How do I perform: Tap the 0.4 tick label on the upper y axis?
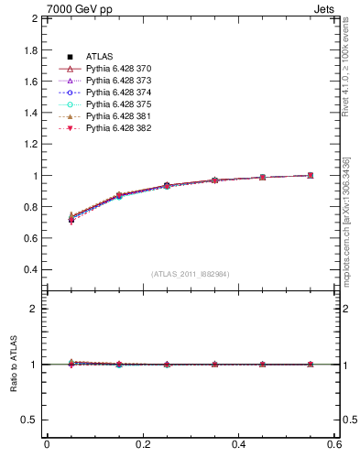[x=30, y=270]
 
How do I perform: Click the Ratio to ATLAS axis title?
[x=14, y=365]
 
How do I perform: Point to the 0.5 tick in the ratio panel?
[x=30, y=420]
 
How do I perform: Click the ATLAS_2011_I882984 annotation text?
[x=191, y=274]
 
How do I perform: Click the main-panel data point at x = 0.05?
[x=71, y=219]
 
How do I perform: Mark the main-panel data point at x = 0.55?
[x=311, y=175]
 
